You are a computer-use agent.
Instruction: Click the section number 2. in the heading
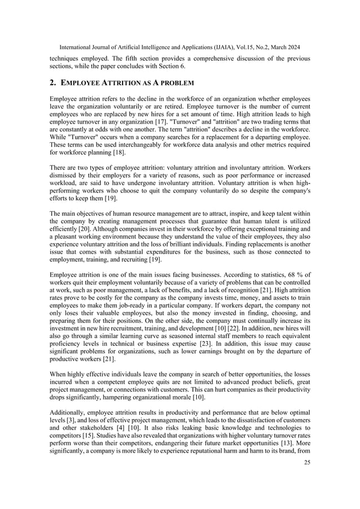pyautogui.click(x=54, y=82)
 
